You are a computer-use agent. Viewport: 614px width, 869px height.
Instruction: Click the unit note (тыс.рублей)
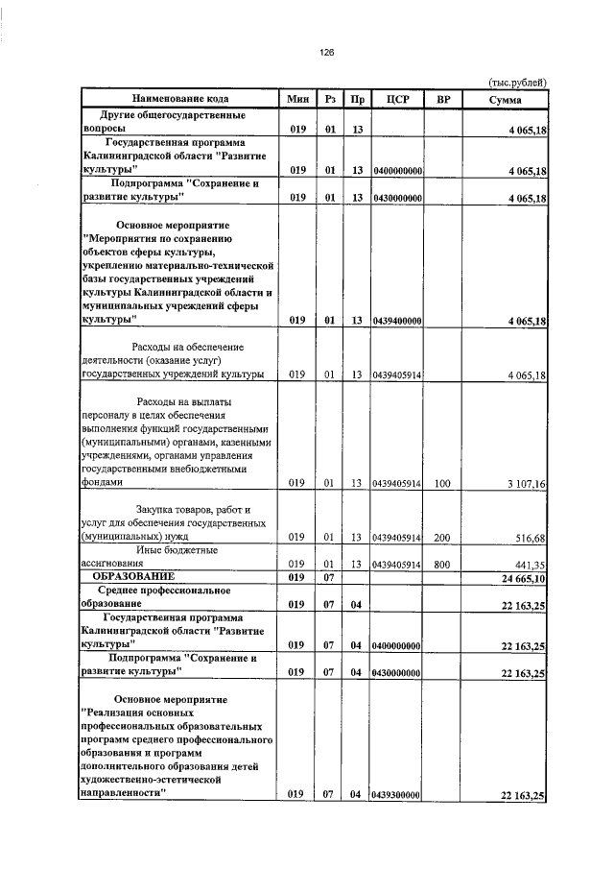point(517,84)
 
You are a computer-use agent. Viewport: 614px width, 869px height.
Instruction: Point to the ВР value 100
point(442,484)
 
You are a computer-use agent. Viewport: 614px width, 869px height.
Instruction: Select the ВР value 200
point(442,537)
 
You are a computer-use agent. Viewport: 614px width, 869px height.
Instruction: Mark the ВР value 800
point(442,565)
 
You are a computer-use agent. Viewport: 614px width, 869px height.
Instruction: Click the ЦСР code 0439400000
point(398,322)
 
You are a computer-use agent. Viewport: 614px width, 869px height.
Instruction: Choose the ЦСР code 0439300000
point(398,795)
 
